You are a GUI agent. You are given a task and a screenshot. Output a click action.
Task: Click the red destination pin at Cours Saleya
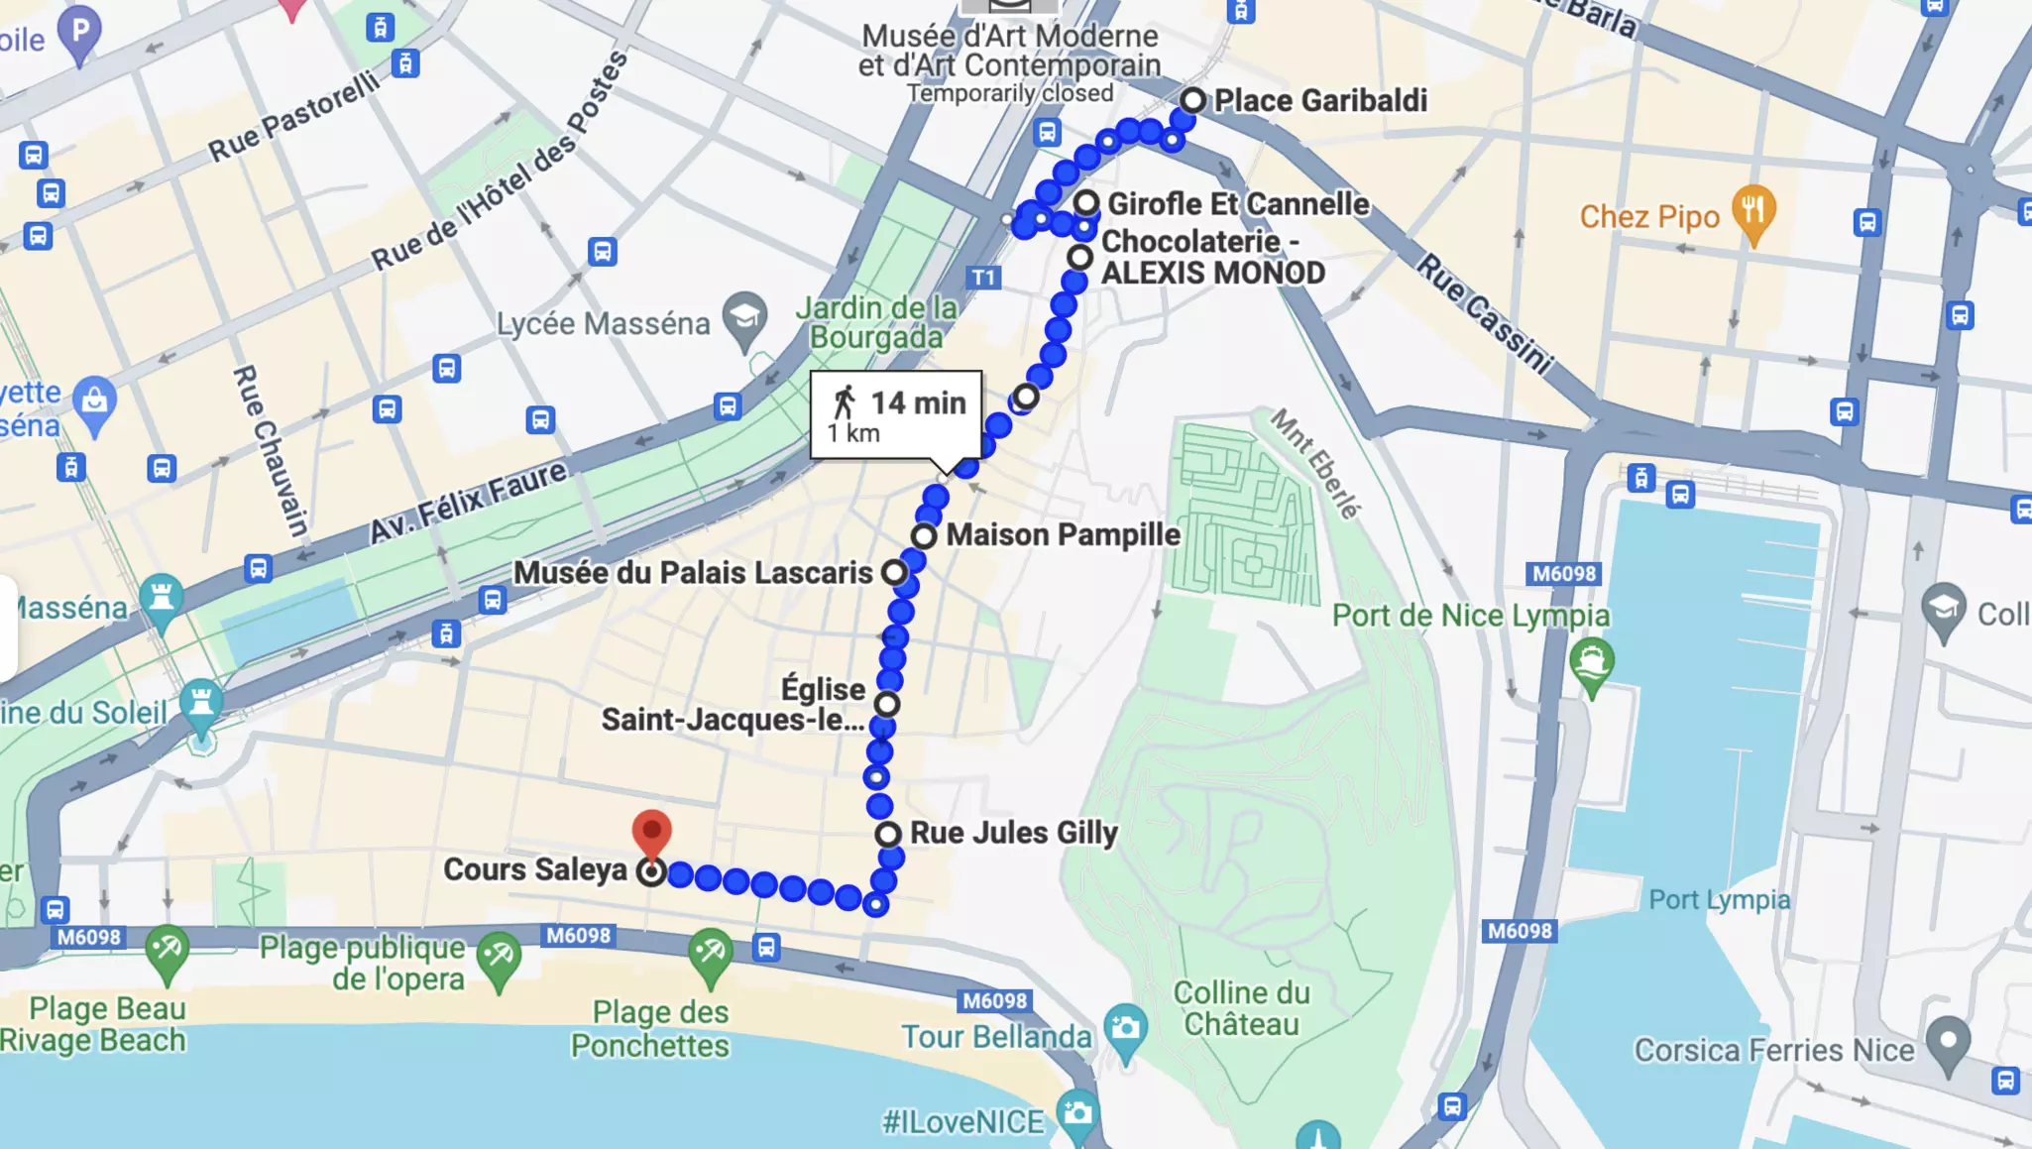point(651,831)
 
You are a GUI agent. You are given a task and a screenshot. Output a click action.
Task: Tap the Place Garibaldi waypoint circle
point(1192,100)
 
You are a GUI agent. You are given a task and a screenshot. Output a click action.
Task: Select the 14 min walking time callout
point(896,415)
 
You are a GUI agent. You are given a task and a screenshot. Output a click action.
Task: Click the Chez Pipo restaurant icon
point(1753,211)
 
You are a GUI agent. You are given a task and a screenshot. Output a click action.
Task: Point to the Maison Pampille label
point(1063,535)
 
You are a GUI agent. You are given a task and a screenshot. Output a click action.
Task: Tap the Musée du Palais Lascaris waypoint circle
point(894,572)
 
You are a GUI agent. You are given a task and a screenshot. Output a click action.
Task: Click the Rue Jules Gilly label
point(1013,833)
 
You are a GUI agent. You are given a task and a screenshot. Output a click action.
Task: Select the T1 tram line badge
point(982,278)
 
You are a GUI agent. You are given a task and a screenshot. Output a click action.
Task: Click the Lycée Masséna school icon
point(744,318)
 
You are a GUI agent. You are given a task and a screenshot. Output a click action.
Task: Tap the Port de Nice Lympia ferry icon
point(1591,662)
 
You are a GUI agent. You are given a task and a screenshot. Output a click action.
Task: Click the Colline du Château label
point(1241,1008)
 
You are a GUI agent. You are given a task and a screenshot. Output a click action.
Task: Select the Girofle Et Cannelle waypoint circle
point(1086,203)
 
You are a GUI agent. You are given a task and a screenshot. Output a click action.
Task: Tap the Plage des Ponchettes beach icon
point(710,954)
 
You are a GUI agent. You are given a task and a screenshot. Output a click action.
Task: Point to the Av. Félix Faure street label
point(468,502)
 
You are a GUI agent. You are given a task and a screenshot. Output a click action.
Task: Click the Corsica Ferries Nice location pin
point(1948,1042)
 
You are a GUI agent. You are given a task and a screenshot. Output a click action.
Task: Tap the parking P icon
point(80,34)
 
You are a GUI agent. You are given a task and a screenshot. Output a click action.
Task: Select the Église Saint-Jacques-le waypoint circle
point(887,704)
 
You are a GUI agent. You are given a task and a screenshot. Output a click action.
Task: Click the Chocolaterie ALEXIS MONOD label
point(1212,257)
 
